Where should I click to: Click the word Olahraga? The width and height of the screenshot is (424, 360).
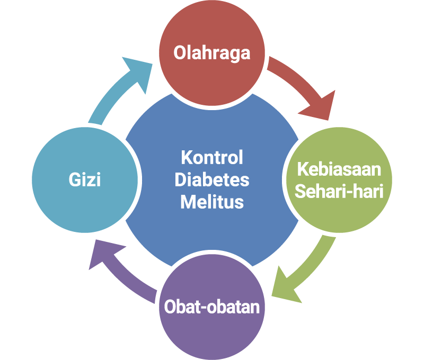(x=211, y=53)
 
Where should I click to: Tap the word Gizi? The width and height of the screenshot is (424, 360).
(x=85, y=179)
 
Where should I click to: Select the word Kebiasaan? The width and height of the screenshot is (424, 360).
(x=339, y=169)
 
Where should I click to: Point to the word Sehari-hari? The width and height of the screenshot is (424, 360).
(x=339, y=192)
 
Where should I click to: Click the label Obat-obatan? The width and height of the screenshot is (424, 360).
(x=211, y=307)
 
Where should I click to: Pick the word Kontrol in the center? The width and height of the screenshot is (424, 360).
(x=212, y=157)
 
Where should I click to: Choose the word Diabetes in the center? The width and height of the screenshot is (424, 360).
(x=212, y=180)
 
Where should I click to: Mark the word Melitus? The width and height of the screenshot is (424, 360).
(x=212, y=202)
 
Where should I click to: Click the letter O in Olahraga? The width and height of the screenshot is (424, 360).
(x=179, y=52)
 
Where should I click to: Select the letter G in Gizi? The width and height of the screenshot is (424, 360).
(x=75, y=179)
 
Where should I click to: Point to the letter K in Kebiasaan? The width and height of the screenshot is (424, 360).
(x=303, y=169)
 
